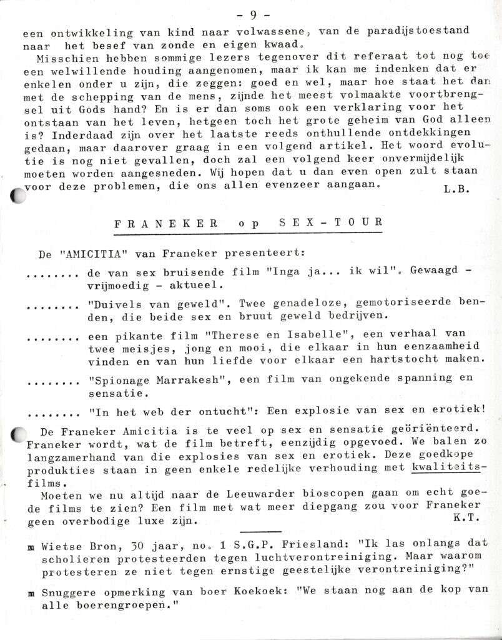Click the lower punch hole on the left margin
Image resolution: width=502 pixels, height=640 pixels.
(19, 435)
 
